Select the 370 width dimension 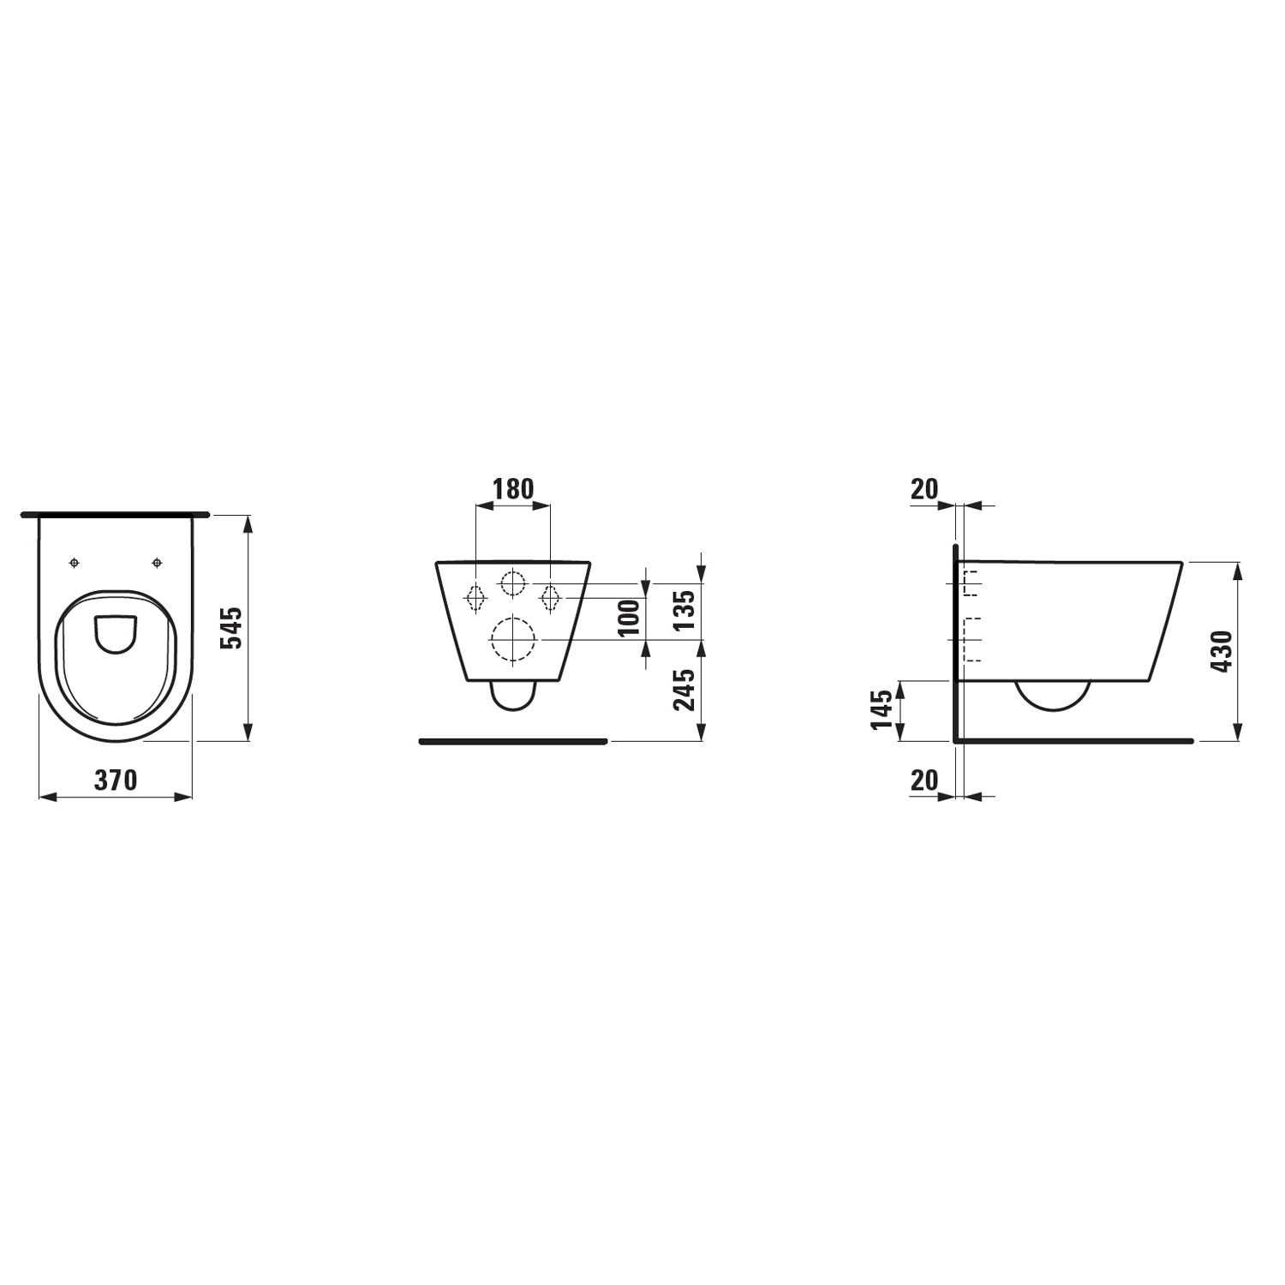(x=116, y=780)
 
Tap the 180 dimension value (x=512, y=488)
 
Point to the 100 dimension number (x=630, y=619)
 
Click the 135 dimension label (x=684, y=610)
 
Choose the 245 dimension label (x=684, y=690)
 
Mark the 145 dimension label (x=882, y=709)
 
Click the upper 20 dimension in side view (x=924, y=488)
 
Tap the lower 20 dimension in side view (x=924, y=780)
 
